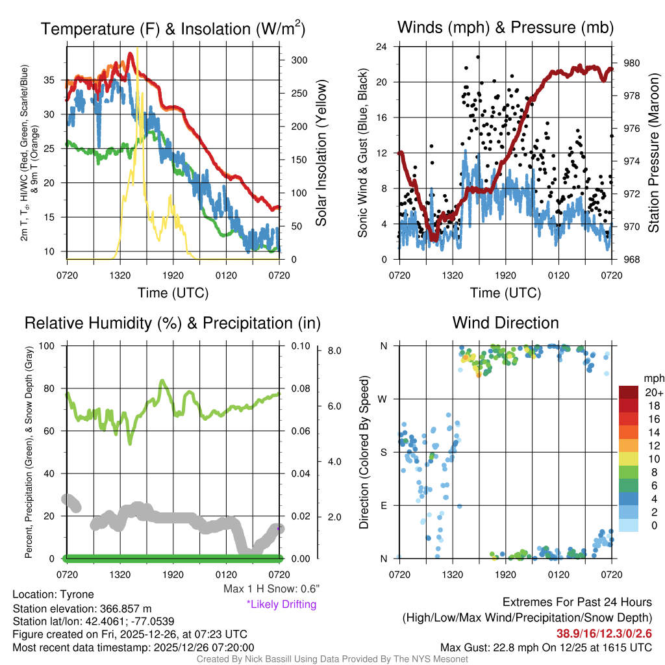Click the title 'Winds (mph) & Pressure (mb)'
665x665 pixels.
[505, 28]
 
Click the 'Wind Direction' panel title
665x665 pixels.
[505, 323]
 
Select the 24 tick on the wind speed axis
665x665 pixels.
[382, 47]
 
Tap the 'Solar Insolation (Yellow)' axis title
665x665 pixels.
[321, 153]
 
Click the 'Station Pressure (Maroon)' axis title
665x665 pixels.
[653, 153]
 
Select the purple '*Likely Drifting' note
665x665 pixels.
[281, 605]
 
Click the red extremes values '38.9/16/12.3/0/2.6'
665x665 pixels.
[604, 633]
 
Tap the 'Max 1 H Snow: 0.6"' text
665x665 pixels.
[271, 589]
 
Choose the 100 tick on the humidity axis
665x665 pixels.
[54, 345]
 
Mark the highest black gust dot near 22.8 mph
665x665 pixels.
[478, 56]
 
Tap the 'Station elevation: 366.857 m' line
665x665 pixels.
[82, 609]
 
